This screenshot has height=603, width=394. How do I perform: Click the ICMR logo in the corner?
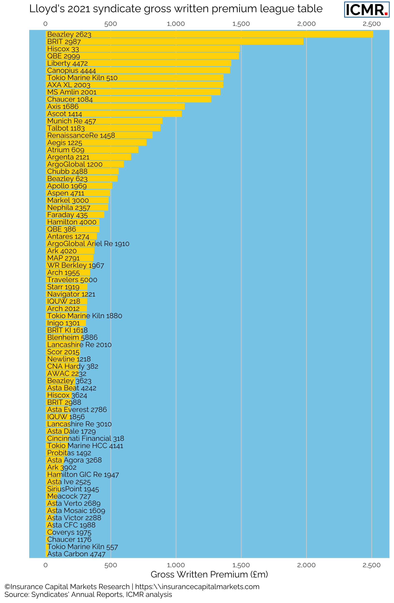(x=366, y=10)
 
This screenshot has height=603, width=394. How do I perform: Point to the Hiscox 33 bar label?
(x=63, y=49)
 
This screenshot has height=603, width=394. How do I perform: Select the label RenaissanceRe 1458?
(x=81, y=136)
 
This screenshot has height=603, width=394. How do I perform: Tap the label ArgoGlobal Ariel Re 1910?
(x=88, y=244)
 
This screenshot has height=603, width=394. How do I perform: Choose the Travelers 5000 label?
(x=72, y=280)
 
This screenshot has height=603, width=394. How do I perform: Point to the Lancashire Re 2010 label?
(x=79, y=345)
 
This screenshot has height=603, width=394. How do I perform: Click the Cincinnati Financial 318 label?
(x=86, y=438)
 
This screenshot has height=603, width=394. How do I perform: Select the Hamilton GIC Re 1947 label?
(x=83, y=475)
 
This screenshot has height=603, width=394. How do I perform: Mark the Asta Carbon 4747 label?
(x=76, y=554)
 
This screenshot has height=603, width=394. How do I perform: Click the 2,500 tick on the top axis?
(x=372, y=24)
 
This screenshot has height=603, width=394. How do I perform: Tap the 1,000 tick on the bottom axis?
(x=176, y=565)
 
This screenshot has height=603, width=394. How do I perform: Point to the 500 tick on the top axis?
(x=111, y=24)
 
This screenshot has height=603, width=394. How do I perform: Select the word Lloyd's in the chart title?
(x=46, y=9)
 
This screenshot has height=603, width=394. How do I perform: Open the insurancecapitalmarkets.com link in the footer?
(x=197, y=587)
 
